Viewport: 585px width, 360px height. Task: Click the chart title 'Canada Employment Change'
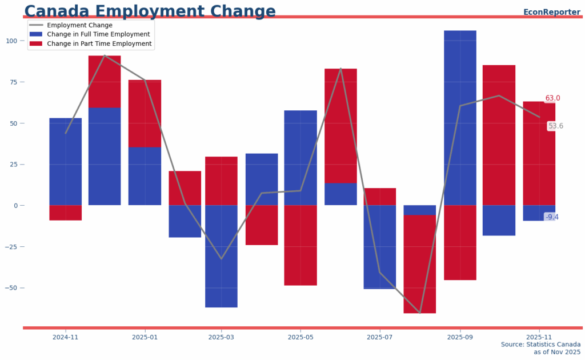(x=150, y=11)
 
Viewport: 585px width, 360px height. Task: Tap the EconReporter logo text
(x=551, y=12)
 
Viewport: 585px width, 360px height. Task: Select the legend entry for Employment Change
(x=79, y=25)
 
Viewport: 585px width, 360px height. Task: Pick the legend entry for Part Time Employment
(x=99, y=43)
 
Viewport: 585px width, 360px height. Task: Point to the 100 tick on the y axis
(x=11, y=41)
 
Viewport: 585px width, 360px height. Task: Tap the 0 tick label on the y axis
(x=15, y=205)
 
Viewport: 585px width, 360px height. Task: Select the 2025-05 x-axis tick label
(x=300, y=337)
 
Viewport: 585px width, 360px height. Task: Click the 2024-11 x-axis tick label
(x=65, y=337)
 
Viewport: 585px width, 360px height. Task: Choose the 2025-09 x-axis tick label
(x=460, y=337)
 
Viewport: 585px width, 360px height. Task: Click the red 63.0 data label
(x=552, y=98)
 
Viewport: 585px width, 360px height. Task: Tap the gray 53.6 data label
(x=555, y=126)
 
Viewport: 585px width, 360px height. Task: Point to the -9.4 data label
(x=551, y=217)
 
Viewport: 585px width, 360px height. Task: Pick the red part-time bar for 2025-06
(x=340, y=126)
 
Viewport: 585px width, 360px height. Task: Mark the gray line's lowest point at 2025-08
(x=420, y=313)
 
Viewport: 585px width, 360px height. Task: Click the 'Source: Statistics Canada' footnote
(x=540, y=345)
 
